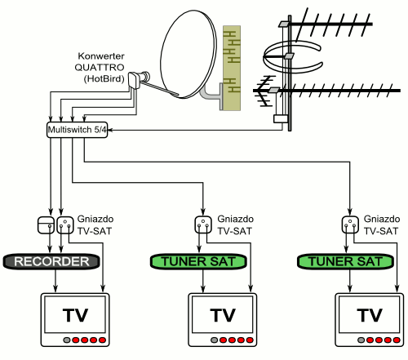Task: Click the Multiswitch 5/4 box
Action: (x=78, y=130)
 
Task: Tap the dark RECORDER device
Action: (x=51, y=261)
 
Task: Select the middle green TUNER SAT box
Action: (x=198, y=261)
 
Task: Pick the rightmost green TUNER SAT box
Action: (x=345, y=261)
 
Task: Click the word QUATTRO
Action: (x=100, y=67)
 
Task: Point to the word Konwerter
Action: (x=101, y=56)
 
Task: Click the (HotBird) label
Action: (x=104, y=78)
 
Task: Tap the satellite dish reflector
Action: (x=188, y=54)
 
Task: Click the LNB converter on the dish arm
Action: (x=138, y=79)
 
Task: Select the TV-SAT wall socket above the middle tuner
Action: (x=203, y=224)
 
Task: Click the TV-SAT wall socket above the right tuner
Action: (x=350, y=224)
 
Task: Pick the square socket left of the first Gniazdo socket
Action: (x=46, y=224)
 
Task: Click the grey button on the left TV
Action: (x=67, y=340)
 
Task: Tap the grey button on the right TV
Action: (x=361, y=340)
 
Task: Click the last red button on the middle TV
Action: (x=250, y=340)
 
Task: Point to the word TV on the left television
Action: (x=75, y=315)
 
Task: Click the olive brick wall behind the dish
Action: (x=232, y=68)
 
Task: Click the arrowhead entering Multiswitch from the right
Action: (x=111, y=130)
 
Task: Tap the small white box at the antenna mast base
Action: (x=281, y=119)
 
